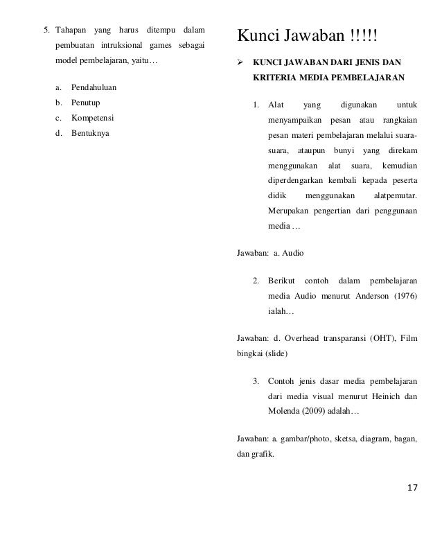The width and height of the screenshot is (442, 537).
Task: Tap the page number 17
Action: [x=413, y=490]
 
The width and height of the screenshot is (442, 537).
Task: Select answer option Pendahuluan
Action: [x=94, y=89]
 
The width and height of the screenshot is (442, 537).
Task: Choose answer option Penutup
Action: [x=85, y=103]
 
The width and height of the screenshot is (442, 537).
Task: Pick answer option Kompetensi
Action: [x=91, y=118]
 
